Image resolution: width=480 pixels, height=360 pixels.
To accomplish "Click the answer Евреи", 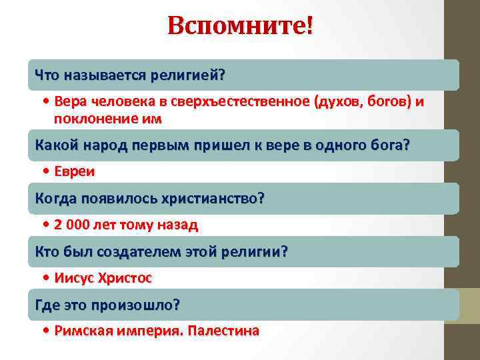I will pos(75,172).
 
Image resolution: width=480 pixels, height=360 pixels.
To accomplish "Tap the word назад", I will pos(177,225).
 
